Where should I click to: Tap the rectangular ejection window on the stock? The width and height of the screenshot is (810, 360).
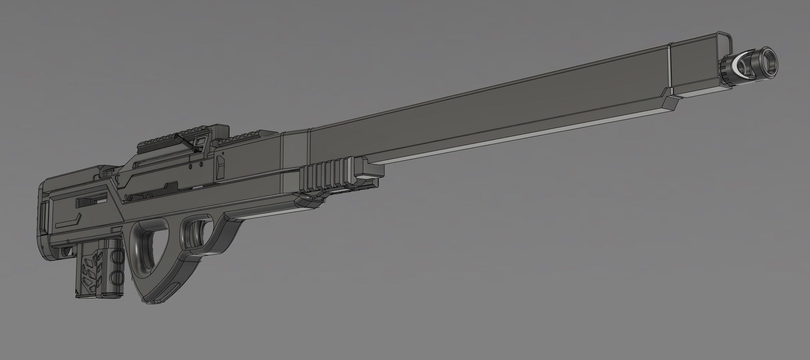pyautogui.click(x=92, y=201)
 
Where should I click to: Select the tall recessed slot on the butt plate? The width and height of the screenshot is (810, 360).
pyautogui.click(x=43, y=219)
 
